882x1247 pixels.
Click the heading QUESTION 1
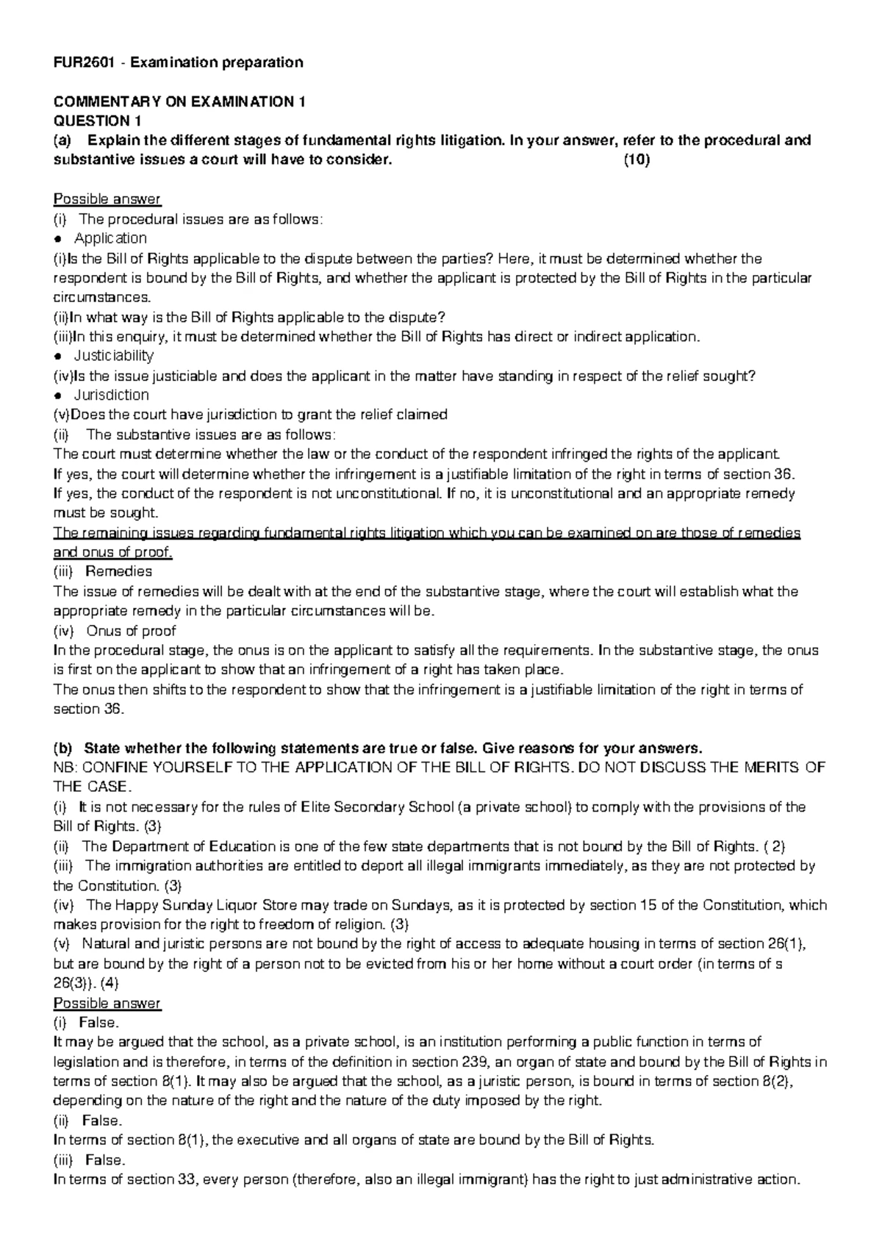tap(98, 121)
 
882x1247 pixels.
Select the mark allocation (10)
tap(637, 160)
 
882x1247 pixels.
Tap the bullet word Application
tap(110, 238)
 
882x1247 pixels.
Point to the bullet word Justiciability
tap(114, 356)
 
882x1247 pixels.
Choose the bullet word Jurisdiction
tap(112, 395)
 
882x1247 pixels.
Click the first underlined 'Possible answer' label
tap(107, 199)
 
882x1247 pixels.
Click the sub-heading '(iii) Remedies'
tap(103, 571)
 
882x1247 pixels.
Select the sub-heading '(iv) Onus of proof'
tap(115, 631)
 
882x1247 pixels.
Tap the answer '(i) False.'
tap(86, 1023)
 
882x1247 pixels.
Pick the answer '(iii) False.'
tap(90, 1160)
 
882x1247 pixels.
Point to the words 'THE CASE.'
tap(83, 787)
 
